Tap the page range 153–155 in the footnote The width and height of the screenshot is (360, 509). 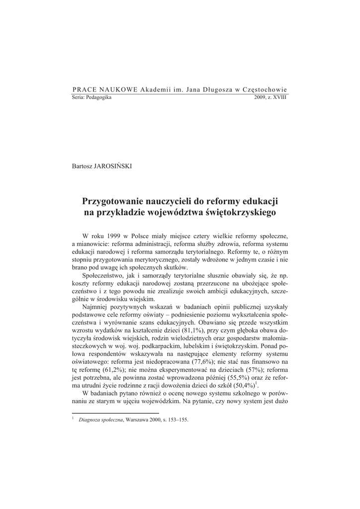click(x=177, y=419)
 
